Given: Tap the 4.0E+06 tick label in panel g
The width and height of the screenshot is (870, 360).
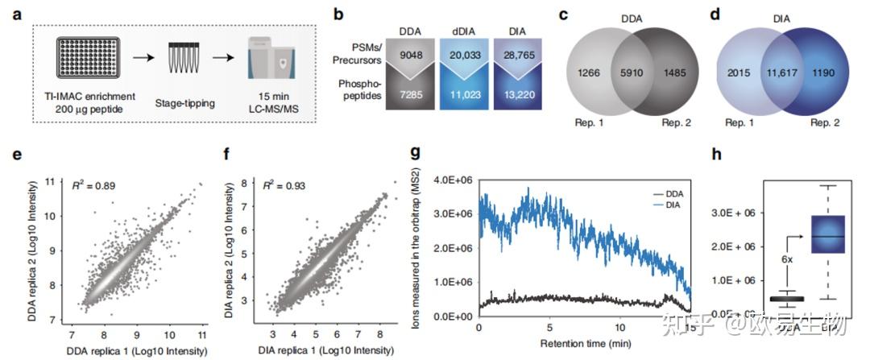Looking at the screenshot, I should pos(453,179).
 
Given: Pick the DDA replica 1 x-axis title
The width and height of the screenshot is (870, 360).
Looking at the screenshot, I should pos(133,350).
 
